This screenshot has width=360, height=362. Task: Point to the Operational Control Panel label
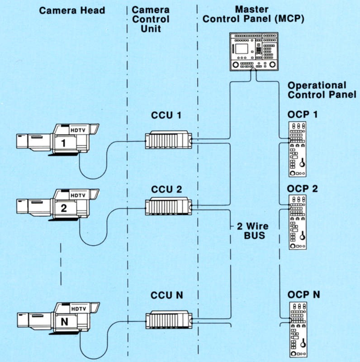pyautogui.click(x=317, y=90)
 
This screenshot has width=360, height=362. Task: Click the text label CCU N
pyautogui.click(x=166, y=295)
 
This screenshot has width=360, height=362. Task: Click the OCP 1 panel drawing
pyautogui.click(x=297, y=149)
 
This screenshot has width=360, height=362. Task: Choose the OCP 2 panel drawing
pyautogui.click(x=297, y=222)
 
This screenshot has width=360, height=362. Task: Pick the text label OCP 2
pyautogui.click(x=303, y=188)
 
